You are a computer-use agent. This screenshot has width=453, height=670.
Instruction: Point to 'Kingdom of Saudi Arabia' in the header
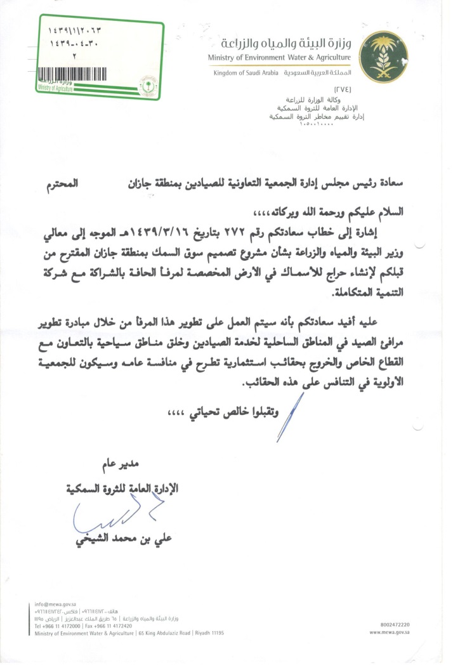click(x=243, y=72)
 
